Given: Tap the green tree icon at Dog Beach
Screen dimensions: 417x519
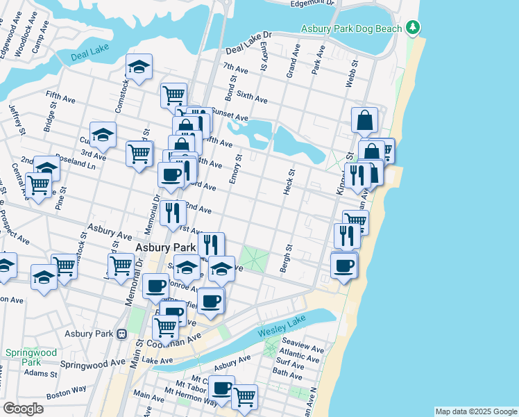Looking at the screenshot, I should pos(414,27).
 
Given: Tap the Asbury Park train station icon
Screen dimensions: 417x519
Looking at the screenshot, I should pos(121,334).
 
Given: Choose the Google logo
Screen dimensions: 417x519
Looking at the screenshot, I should pos(23,409).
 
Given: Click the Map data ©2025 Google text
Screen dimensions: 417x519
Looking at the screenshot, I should pos(475,411).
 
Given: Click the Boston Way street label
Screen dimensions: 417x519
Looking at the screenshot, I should pos(66,393).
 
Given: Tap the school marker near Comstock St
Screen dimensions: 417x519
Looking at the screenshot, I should pos(139,67).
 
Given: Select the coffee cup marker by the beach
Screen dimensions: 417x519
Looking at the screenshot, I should pos(343,264).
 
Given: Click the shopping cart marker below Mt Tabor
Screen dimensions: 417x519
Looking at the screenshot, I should pos(244,397).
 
